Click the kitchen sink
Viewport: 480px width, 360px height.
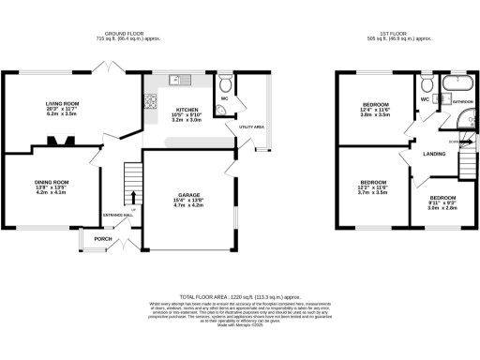point(175,79)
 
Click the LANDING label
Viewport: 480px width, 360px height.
point(434,154)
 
